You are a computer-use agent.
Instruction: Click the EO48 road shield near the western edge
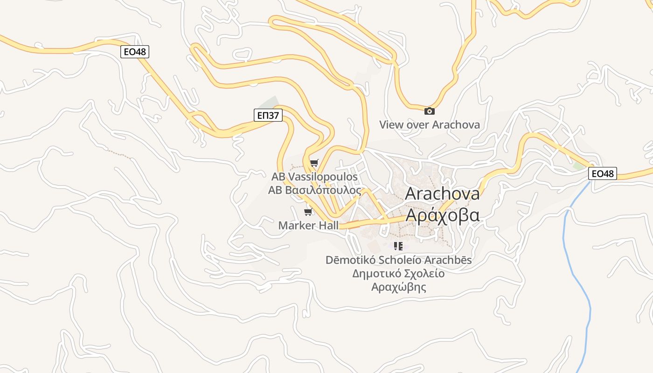coord(135,52)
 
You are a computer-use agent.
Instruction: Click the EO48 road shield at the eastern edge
coord(602,174)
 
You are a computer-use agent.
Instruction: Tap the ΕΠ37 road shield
coord(268,115)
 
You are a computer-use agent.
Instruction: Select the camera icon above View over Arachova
coord(429,111)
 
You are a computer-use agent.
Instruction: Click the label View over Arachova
coord(429,124)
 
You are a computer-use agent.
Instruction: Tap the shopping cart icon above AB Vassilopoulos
coord(314,163)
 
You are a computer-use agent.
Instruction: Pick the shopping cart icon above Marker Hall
coord(308,212)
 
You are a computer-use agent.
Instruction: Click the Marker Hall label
coord(308,226)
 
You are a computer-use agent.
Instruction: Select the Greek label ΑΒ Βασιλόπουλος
coord(314,190)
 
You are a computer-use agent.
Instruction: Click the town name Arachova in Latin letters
coord(442,193)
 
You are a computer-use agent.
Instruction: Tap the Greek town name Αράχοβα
coord(442,215)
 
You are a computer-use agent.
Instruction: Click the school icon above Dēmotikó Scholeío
coord(398,246)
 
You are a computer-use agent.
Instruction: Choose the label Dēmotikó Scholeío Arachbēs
coord(398,260)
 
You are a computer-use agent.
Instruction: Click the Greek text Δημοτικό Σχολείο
coord(398,273)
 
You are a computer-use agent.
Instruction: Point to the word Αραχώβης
coord(398,287)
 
